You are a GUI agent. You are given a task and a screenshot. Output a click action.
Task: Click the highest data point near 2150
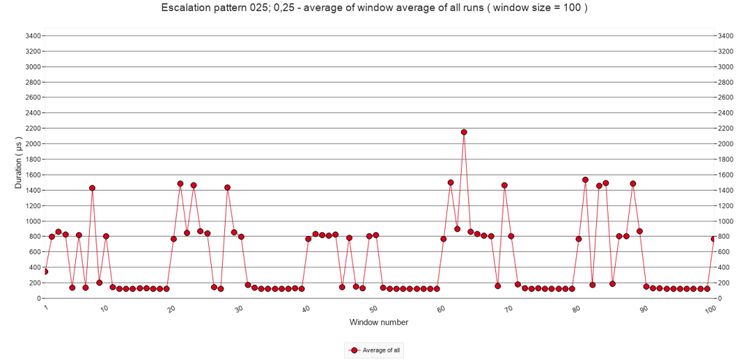[464, 132]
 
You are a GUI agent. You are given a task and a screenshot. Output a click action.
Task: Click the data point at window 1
[45, 272]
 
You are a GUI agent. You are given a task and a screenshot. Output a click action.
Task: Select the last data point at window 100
[714, 239]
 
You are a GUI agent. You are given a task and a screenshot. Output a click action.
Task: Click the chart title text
[373, 9]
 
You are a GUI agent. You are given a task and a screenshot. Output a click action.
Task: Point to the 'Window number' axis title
[378, 322]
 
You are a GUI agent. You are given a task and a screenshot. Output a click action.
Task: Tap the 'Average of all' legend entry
[374, 351]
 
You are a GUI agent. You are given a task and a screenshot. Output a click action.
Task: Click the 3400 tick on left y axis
[32, 36]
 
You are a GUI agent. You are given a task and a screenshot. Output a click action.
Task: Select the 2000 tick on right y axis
[725, 144]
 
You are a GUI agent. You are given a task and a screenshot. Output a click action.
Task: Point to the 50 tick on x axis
[373, 309]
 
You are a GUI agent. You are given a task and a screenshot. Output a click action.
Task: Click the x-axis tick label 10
[104, 309]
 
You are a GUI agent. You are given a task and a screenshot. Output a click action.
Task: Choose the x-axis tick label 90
[644, 309]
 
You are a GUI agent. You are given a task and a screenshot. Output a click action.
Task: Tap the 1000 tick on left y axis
[32, 221]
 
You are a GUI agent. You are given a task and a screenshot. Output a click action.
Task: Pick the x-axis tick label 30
[239, 309]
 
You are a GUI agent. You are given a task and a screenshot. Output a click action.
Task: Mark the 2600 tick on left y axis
[32, 97]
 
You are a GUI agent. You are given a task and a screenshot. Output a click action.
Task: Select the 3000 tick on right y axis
[725, 66]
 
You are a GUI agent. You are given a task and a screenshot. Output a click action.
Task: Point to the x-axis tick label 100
[710, 310]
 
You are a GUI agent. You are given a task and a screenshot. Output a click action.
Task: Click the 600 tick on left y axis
[34, 252]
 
